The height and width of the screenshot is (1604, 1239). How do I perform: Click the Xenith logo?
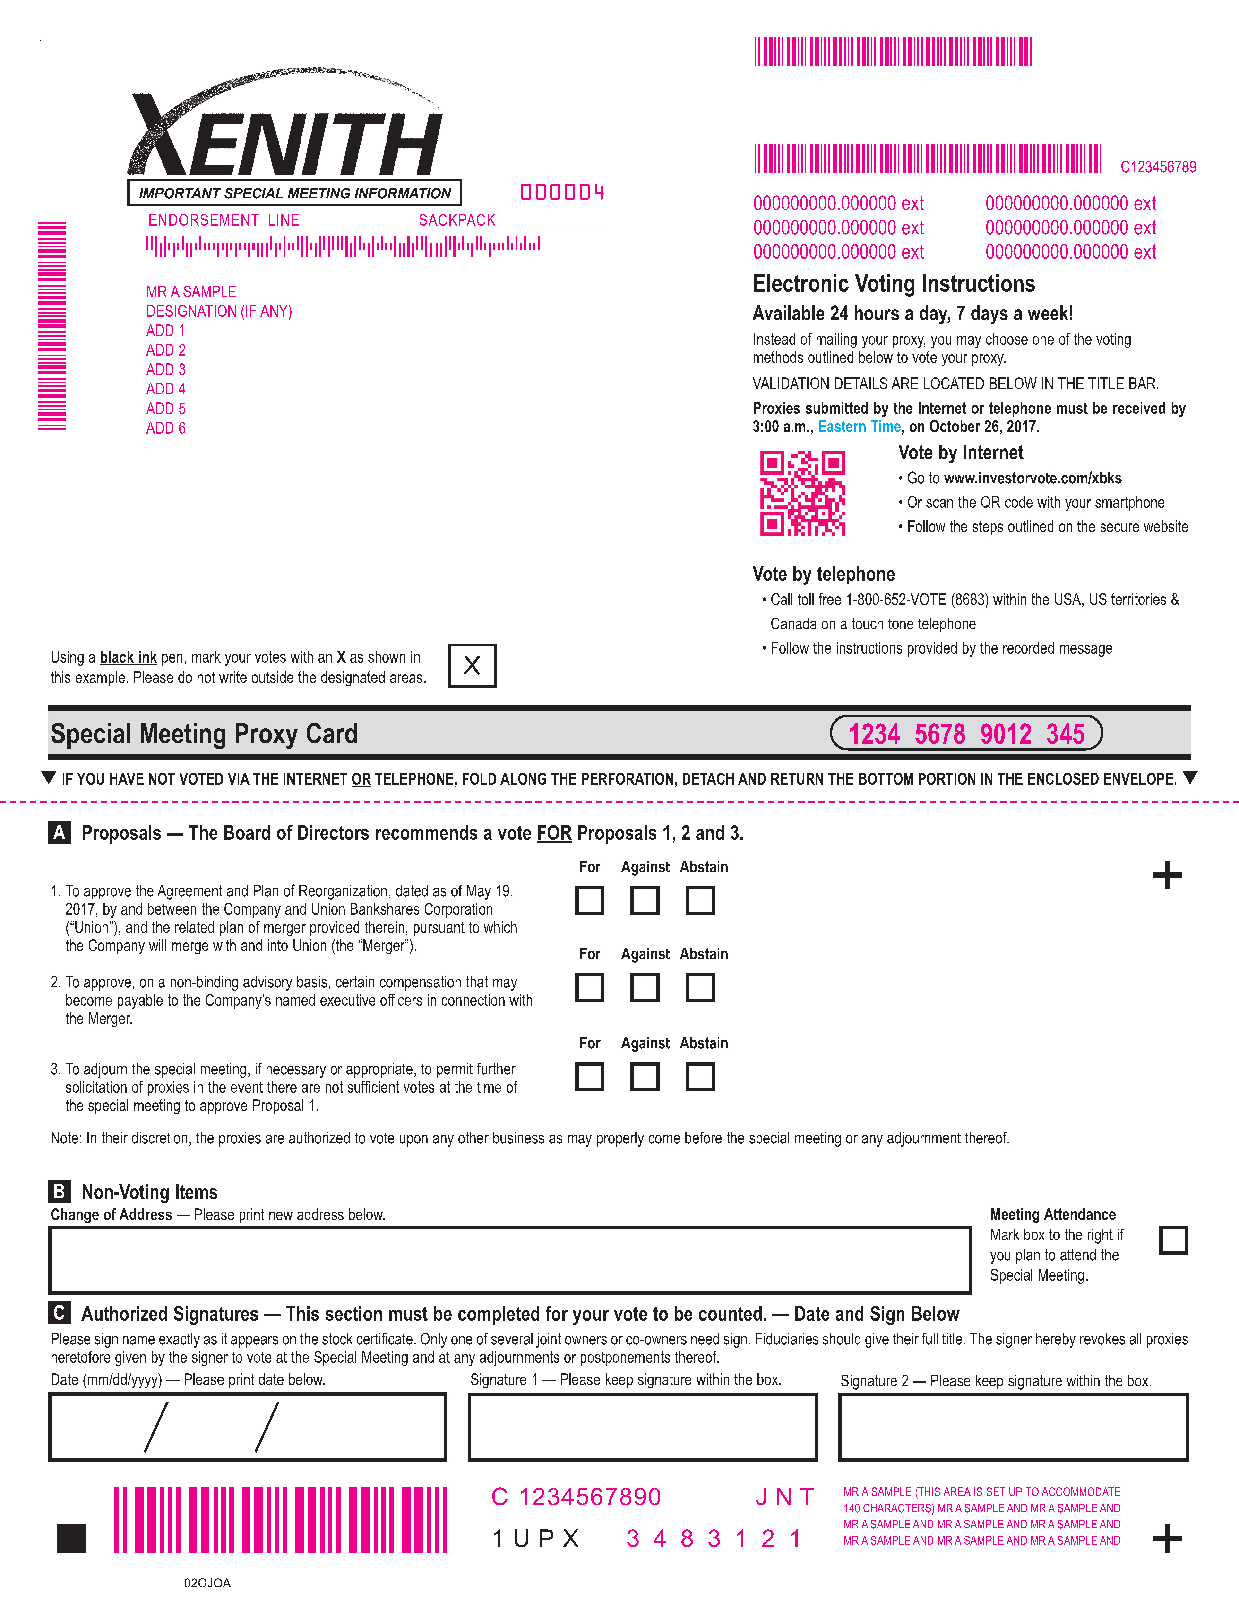(x=286, y=129)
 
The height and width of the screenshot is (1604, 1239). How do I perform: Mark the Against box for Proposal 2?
(x=645, y=988)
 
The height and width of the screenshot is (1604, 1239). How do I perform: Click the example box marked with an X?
(x=472, y=665)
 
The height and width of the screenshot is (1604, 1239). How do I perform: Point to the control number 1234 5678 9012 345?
(x=966, y=734)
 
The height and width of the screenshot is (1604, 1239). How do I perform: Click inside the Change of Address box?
(x=510, y=1260)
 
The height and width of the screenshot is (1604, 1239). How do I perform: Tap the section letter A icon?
(x=60, y=833)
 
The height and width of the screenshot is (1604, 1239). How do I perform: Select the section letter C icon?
(x=60, y=1313)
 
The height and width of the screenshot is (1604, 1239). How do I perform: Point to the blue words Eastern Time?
(x=859, y=427)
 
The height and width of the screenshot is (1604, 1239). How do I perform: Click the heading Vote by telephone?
(x=824, y=574)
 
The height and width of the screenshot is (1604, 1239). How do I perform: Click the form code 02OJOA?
(x=207, y=1583)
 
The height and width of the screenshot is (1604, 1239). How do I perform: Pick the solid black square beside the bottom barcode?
(x=72, y=1539)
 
